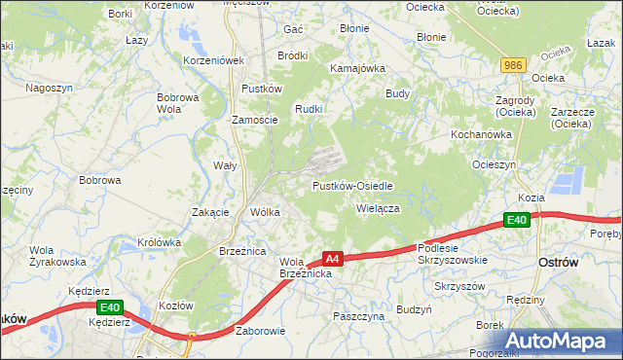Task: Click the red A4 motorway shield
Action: (333, 259)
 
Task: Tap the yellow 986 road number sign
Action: (515, 65)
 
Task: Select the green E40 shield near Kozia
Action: (518, 221)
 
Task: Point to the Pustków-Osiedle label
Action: (352, 186)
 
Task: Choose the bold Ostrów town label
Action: (559, 264)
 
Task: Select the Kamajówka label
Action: (358, 69)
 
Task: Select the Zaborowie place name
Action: (260, 331)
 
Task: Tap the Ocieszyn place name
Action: (494, 164)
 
